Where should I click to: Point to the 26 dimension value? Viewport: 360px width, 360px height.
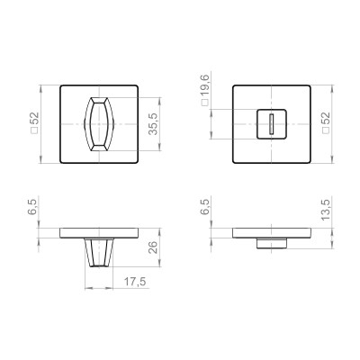pyautogui.click(x=154, y=250)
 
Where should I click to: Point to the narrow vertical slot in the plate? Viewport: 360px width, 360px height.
pyautogui.click(x=269, y=124)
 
